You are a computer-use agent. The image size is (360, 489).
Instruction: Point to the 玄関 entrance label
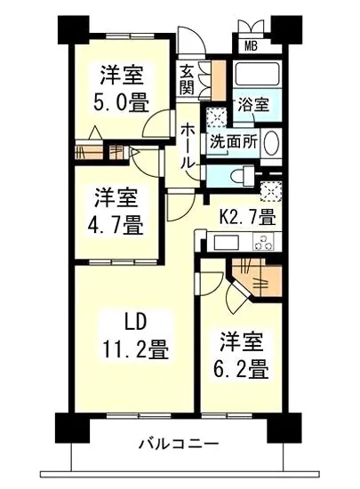click(x=187, y=80)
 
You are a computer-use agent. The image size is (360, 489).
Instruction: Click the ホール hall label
click(x=188, y=145)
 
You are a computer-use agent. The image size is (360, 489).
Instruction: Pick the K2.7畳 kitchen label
click(x=247, y=215)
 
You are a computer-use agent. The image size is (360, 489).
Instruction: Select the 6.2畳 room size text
click(x=241, y=367)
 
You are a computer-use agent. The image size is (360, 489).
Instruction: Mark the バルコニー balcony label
click(x=179, y=444)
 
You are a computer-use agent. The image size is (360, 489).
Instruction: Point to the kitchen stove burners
click(x=264, y=240)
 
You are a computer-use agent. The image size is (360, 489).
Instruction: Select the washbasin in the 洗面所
click(x=272, y=142)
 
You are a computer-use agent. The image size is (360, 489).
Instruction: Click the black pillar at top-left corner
click(x=70, y=28)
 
